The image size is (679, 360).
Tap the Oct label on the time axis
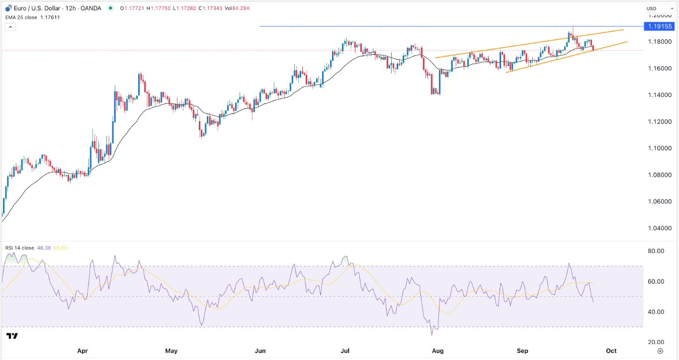(611, 351)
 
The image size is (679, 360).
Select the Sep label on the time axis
(522, 351)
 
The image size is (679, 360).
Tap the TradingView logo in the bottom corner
(13, 336)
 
